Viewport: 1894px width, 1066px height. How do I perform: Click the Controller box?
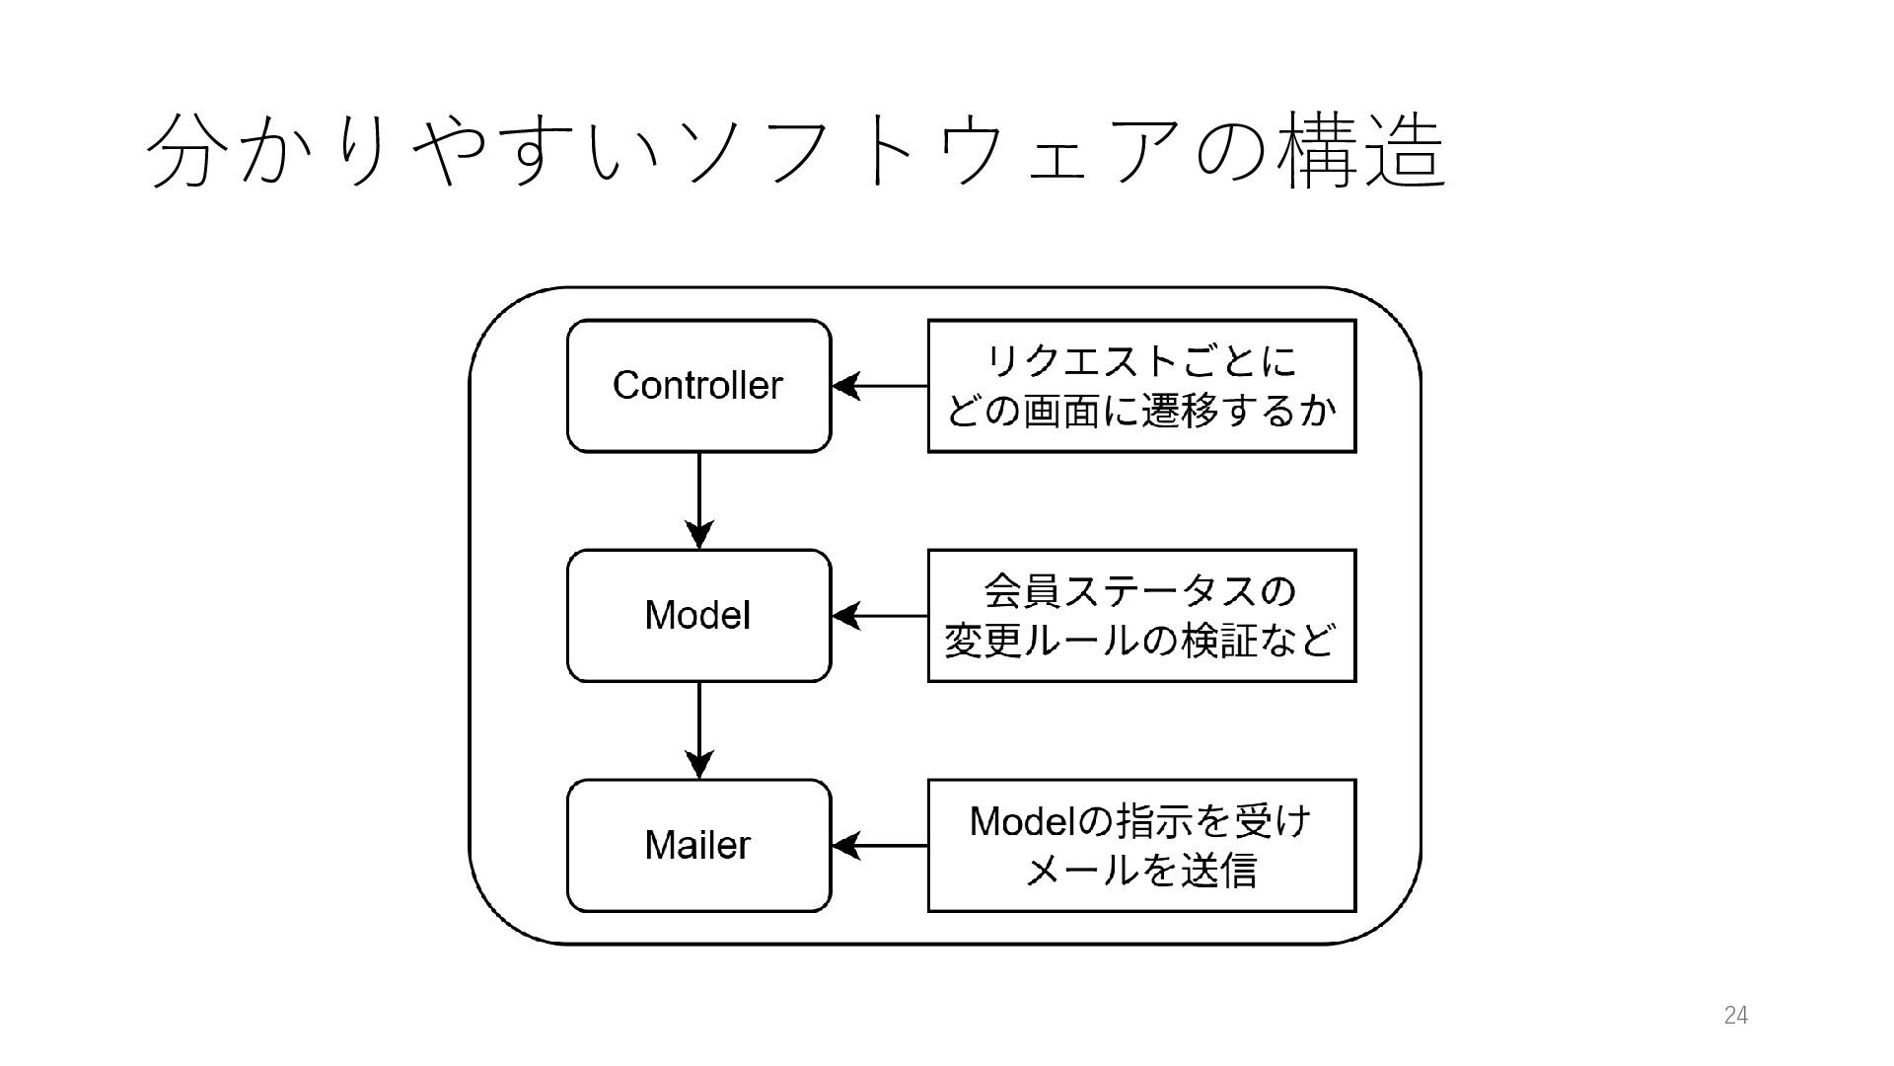(x=698, y=386)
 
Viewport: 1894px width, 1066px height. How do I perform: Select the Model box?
(x=698, y=616)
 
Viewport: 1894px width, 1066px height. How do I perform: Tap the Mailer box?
(x=698, y=846)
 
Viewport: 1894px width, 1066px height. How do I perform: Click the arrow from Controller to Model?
(x=698, y=500)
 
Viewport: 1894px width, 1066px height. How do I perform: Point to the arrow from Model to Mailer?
(x=698, y=730)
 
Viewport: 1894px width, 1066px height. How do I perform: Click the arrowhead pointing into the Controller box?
(x=845, y=386)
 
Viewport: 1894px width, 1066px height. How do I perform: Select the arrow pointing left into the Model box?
(x=880, y=616)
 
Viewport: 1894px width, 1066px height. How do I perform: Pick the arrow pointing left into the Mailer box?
(x=880, y=846)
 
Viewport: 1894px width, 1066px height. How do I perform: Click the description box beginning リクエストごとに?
(x=1142, y=386)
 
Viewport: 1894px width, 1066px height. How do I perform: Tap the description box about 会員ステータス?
(x=1142, y=616)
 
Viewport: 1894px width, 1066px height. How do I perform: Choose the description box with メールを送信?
(x=1142, y=846)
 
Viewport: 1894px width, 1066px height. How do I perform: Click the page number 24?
(x=1736, y=1016)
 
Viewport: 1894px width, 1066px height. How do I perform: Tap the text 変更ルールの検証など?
(x=1140, y=641)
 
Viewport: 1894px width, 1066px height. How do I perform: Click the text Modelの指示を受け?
(x=1140, y=821)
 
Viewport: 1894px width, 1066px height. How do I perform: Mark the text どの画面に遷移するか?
(x=1141, y=411)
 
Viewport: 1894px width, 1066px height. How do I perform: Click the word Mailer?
(x=697, y=846)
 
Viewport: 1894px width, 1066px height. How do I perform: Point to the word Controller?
(x=697, y=385)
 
